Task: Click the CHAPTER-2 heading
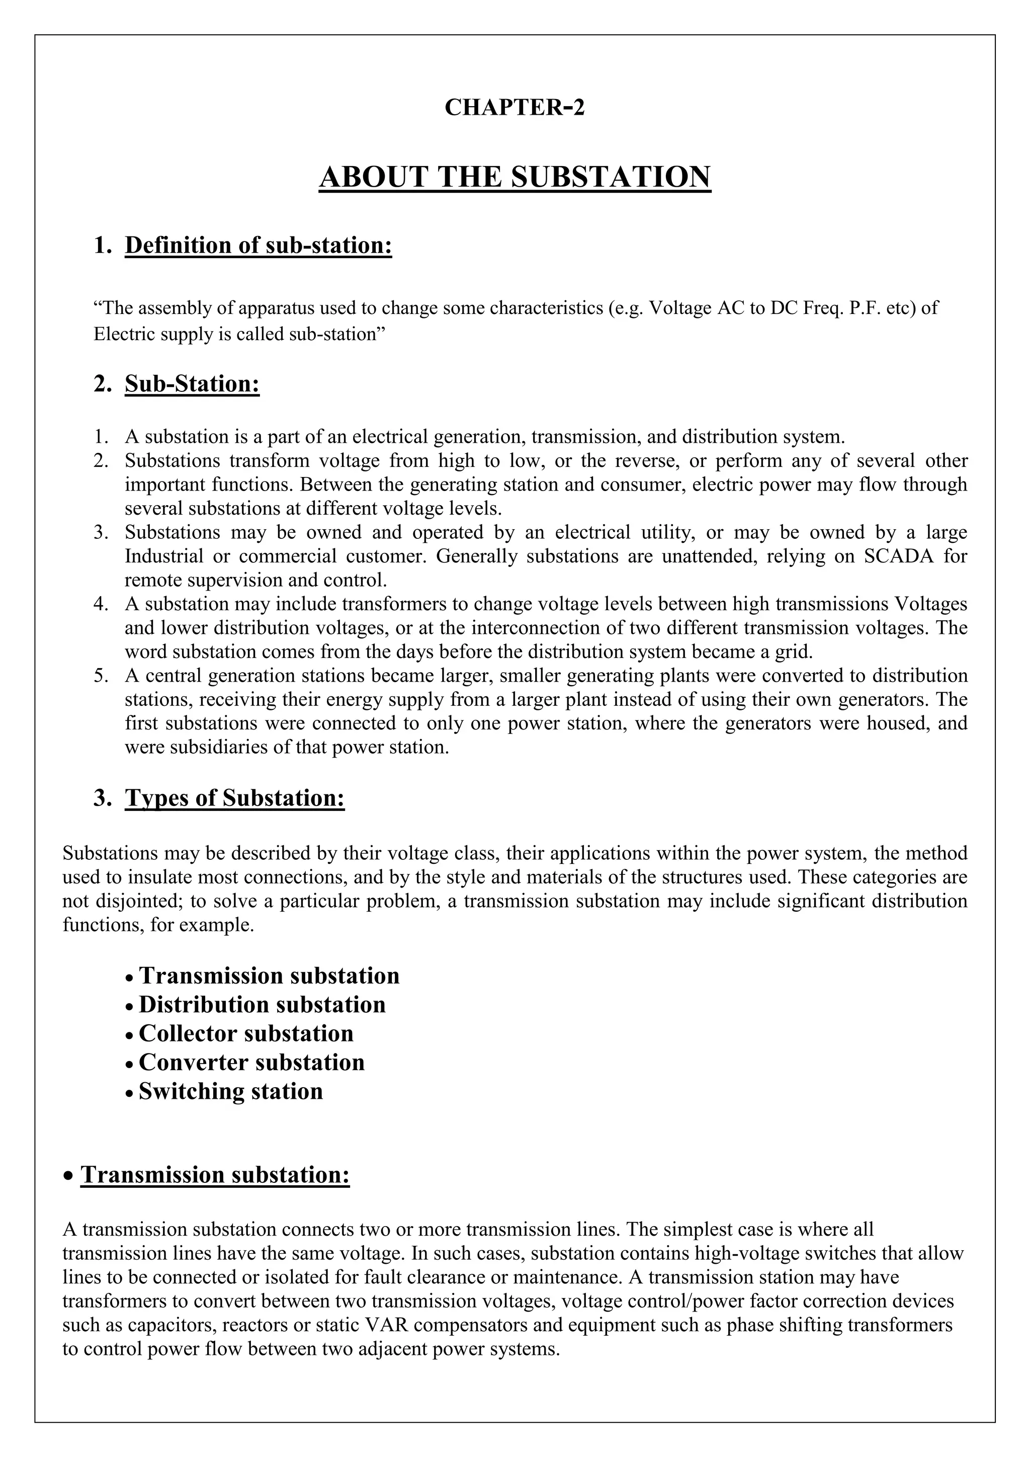[514, 107]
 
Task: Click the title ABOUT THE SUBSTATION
[514, 177]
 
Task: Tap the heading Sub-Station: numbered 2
[192, 384]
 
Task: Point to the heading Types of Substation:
[235, 797]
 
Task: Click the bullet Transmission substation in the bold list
[269, 976]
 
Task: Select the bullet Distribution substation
[262, 1005]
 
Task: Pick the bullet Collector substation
[246, 1033]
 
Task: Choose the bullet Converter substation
[252, 1062]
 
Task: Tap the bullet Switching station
[231, 1091]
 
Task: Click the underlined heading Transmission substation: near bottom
[215, 1175]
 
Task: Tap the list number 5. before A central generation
[102, 676]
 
